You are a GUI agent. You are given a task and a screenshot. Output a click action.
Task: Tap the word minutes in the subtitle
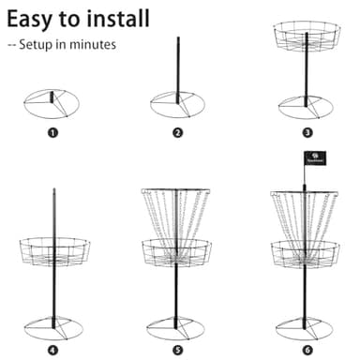click(x=94, y=44)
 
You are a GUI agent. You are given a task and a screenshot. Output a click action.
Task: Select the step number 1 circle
click(x=52, y=132)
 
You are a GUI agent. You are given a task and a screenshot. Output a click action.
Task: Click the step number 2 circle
click(x=177, y=132)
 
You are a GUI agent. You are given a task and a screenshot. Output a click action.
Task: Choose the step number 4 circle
click(x=52, y=351)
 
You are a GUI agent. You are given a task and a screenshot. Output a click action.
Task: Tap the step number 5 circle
click(x=177, y=351)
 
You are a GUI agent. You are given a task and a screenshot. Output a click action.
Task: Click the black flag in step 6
click(x=314, y=159)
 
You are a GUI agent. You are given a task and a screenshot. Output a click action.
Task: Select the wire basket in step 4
click(x=53, y=251)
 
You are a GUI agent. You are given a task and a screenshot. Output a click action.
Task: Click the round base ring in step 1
click(x=52, y=102)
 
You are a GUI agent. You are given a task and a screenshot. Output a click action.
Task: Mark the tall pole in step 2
click(x=177, y=66)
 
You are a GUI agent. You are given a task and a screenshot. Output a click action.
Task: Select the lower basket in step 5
click(x=177, y=252)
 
